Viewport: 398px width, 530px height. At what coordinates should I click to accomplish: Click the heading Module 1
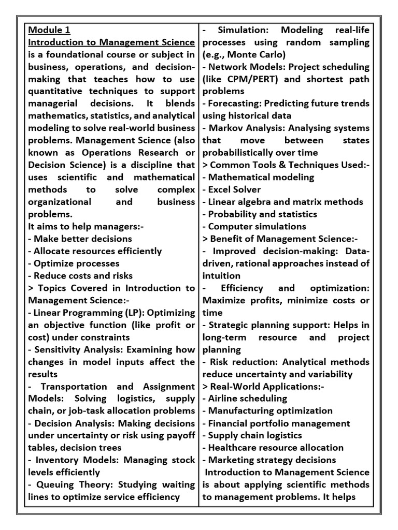click(50, 30)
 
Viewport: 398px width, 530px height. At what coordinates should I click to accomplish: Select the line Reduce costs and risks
click(80, 275)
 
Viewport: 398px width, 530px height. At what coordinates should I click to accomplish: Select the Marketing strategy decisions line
click(269, 460)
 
